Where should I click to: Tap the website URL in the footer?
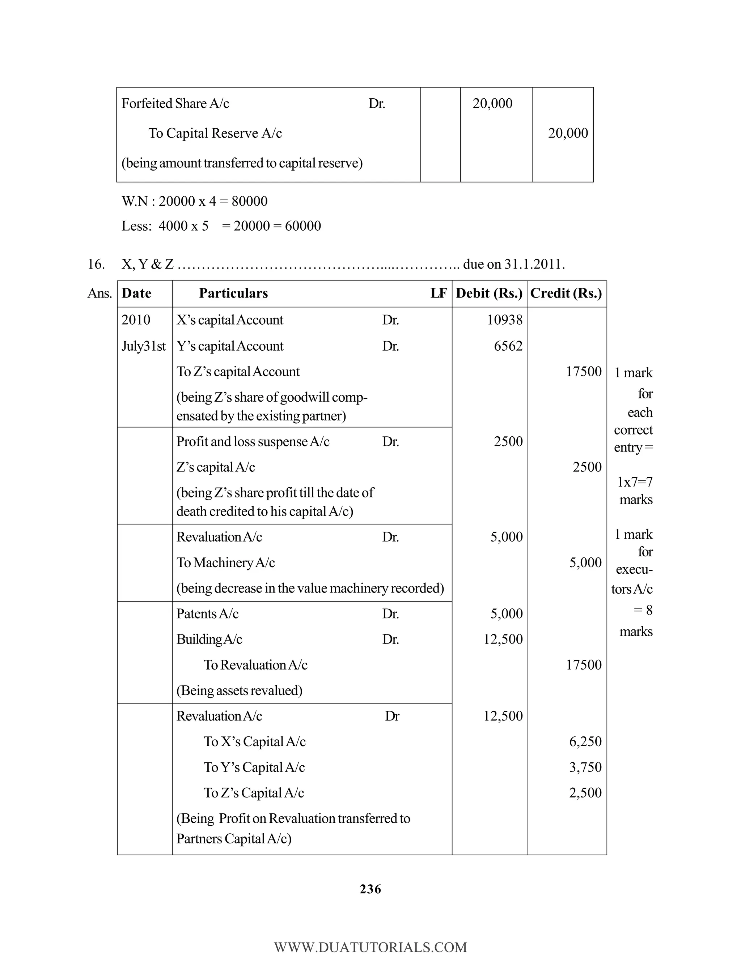coord(370,947)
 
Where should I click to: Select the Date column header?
coord(136,294)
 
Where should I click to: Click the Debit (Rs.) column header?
coord(489,294)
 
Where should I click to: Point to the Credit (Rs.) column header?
coord(566,294)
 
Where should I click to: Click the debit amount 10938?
coord(505,320)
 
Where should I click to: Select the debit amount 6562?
coord(508,346)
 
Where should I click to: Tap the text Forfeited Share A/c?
coord(175,103)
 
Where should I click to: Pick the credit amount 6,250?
coord(585,742)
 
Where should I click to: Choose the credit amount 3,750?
coord(585,767)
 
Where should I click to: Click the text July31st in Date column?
coord(143,346)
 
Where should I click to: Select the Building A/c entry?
coord(209,640)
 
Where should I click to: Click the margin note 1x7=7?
coord(635,482)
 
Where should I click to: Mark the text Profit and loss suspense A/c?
coord(253,442)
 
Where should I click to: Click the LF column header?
coord(439,294)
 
